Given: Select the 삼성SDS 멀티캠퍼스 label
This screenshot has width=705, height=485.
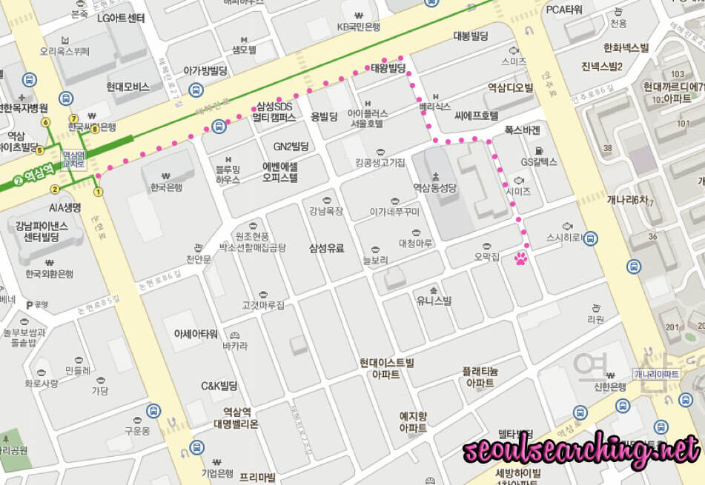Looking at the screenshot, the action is tap(274, 112).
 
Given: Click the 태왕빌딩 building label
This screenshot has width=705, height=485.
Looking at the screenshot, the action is tap(389, 68).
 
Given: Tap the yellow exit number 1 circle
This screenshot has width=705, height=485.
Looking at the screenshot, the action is tap(98, 192).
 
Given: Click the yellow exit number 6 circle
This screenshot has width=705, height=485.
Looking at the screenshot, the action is tap(46, 122).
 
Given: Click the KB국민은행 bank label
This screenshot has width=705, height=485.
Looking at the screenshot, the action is tap(359, 27).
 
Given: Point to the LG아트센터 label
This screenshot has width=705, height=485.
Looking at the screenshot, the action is tap(121, 18).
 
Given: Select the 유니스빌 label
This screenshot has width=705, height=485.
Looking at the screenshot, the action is tap(434, 300).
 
